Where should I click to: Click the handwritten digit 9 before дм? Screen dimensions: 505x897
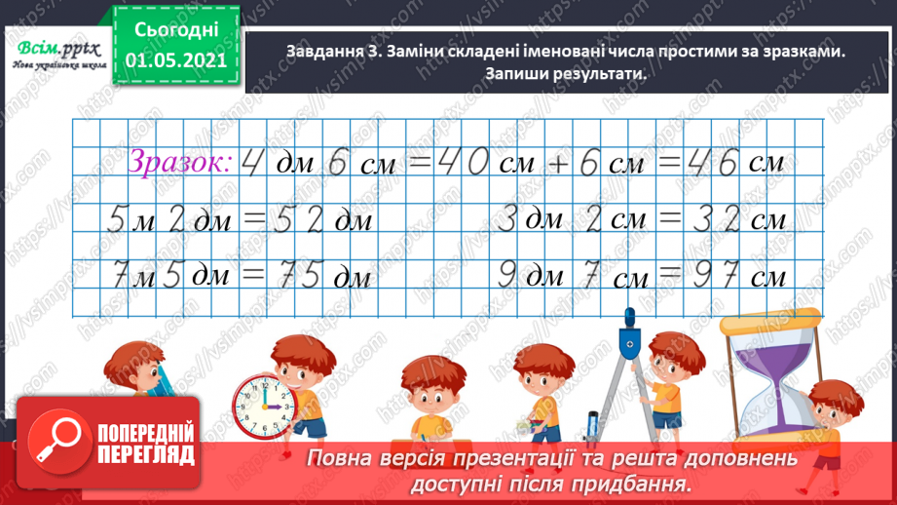[x=506, y=276]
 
